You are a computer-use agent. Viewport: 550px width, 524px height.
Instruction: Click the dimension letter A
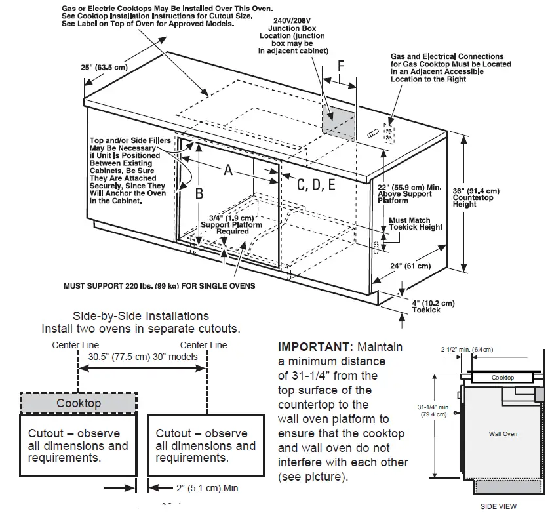pos(228,170)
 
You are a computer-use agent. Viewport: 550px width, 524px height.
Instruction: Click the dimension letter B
pos(200,193)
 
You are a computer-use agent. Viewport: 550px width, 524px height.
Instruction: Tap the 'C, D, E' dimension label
pos(316,185)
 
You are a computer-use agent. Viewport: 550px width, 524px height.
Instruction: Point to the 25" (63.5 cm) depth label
pos(104,67)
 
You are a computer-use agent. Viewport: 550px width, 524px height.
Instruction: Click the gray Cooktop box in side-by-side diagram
pos(79,403)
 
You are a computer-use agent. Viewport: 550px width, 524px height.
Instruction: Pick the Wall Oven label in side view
pos(503,434)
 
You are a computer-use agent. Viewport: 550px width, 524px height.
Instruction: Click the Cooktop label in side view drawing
pos(503,378)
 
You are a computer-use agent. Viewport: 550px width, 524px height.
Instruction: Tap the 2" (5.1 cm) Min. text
pos(208,488)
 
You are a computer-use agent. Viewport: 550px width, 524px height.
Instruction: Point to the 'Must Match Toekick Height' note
pos(416,224)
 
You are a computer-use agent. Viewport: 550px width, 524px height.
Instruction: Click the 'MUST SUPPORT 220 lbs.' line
pos(159,286)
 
